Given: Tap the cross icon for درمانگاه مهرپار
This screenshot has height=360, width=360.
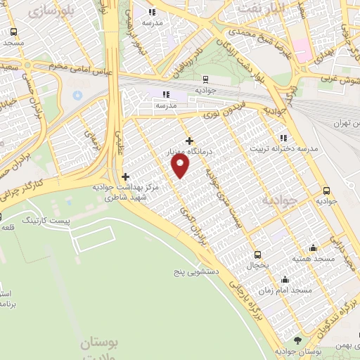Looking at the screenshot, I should click(188, 141).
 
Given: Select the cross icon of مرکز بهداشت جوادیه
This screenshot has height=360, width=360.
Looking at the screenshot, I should click(126, 176).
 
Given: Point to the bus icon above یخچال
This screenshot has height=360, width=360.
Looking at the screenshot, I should click(258, 255).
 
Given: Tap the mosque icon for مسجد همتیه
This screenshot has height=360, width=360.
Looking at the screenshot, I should click(312, 247).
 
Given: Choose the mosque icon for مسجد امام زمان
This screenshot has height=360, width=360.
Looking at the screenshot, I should click(283, 279).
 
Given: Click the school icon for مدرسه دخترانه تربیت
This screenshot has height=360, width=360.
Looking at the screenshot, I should click(283, 138).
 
